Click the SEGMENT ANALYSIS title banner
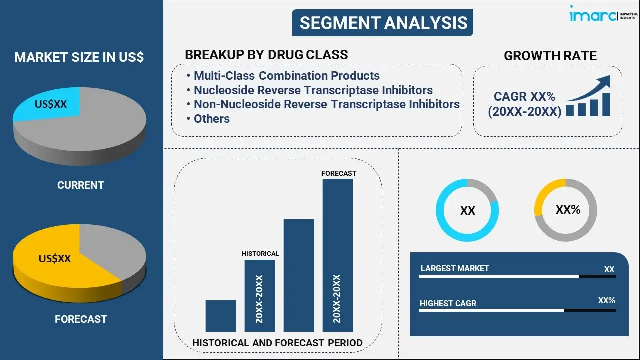point(382,23)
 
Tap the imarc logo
point(603,14)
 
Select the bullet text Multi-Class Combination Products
point(287,76)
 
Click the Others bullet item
point(211,119)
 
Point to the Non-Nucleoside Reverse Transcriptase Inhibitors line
point(327,104)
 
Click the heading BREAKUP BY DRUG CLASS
point(266,55)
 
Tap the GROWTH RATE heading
point(550,56)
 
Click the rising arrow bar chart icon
point(588,96)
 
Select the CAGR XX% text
point(524,96)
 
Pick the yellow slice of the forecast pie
point(57,260)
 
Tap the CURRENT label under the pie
point(81,185)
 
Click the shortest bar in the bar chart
point(221,316)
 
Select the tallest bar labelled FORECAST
point(338,255)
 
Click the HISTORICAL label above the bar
point(260,253)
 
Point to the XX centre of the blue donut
point(467,211)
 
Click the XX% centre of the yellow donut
point(568,210)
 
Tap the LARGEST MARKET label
point(455,268)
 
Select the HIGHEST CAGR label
point(448,303)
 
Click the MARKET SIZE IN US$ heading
point(79,57)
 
